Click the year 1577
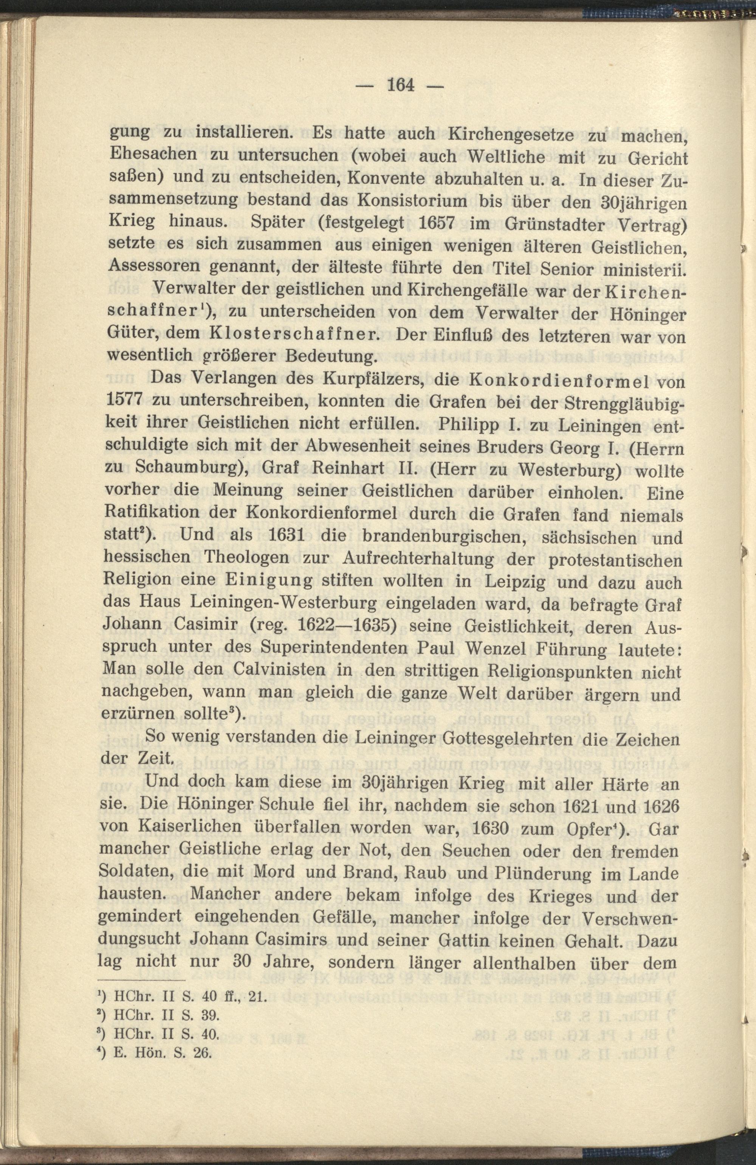click(124, 402)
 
